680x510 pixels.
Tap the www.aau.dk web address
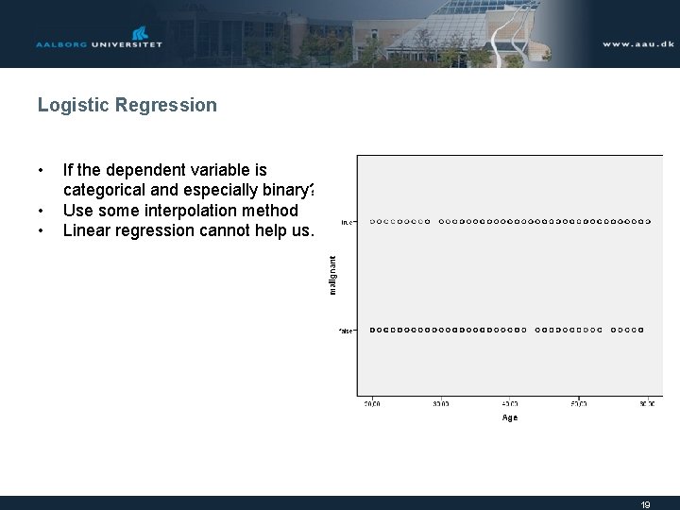click(637, 44)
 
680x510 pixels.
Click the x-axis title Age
click(509, 417)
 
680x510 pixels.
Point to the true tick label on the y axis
click(347, 222)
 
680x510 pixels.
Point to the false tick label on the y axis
click(347, 331)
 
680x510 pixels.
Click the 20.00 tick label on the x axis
click(372, 403)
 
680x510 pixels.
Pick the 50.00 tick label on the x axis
click(578, 403)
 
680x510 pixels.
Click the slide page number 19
click(645, 504)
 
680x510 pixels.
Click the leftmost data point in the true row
click(372, 222)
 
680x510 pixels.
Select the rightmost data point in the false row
click(641, 330)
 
